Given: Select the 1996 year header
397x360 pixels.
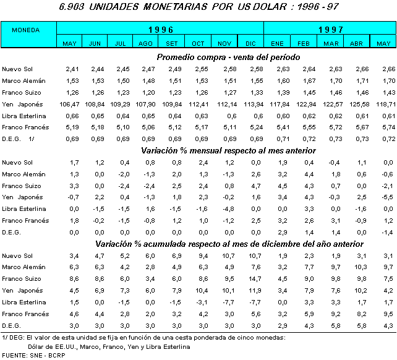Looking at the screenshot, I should tap(160, 29).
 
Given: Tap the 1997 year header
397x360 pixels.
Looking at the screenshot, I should tap(331, 29).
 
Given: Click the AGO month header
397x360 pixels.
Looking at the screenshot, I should tap(146, 43).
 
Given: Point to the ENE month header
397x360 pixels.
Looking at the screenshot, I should tap(278, 43).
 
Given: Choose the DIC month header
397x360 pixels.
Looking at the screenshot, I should tap(250, 43).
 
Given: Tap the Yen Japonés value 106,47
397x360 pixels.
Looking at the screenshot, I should tap(72, 103).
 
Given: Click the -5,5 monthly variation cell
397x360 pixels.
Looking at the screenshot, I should tap(386, 197).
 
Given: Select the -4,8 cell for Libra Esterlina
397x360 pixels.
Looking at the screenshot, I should tap(226, 208).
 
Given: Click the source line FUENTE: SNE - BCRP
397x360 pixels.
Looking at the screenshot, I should tap(33, 356).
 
